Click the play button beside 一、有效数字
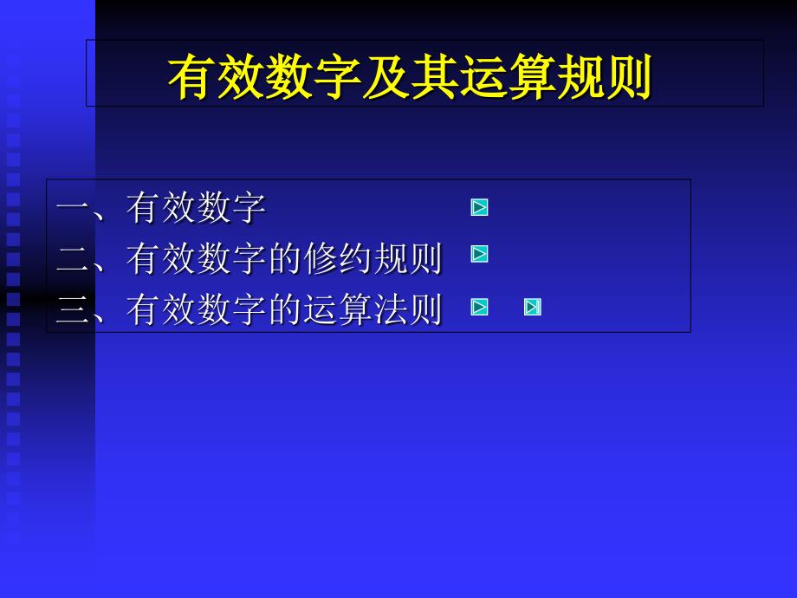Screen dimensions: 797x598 tap(479, 207)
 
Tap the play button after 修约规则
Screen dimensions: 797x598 tap(479, 254)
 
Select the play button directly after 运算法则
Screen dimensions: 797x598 tap(479, 307)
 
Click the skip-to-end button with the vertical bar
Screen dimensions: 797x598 tap(533, 307)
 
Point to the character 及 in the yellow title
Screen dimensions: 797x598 tap(386, 77)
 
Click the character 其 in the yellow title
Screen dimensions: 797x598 tap(433, 77)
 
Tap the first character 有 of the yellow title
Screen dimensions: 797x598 tap(192, 77)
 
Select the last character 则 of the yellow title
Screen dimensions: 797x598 tap(628, 77)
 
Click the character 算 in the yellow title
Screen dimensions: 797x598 tap(531, 77)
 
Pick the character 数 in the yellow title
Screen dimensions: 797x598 tap(289, 77)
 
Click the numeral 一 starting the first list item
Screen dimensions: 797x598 tap(73, 207)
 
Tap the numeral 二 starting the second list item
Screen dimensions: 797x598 tap(73, 259)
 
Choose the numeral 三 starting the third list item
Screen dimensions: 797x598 tap(73, 309)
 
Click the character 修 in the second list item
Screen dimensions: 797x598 tap(321, 258)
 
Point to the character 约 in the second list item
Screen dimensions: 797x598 tap(356, 258)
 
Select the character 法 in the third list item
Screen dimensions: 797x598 tap(391, 309)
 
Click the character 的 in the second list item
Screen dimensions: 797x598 tap(286, 258)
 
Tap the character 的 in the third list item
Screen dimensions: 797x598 tap(286, 309)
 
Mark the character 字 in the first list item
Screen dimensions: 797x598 tap(249, 207)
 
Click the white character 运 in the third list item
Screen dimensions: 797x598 tap(321, 309)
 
